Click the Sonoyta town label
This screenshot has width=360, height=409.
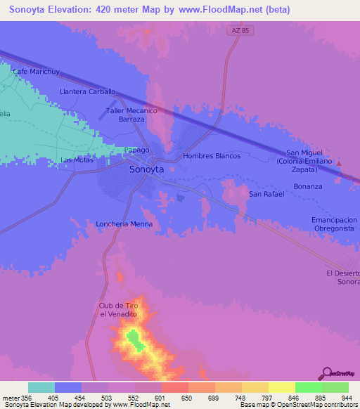coord(147,170)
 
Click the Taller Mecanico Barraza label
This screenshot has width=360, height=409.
coord(131,115)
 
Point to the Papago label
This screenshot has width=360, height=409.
coord(136,150)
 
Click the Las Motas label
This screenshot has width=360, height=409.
coord(77,160)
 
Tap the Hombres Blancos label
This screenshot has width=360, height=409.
coord(212,156)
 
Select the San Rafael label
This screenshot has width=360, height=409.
coord(266,194)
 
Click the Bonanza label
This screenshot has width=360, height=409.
coord(308,186)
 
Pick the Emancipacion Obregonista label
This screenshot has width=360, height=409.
coord(334,224)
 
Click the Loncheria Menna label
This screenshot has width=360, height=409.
coord(124,224)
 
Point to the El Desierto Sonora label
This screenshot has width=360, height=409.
coord(343,277)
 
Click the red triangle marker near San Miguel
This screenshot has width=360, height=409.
coord(340,164)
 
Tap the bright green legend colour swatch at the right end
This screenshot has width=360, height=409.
coord(335,387)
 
